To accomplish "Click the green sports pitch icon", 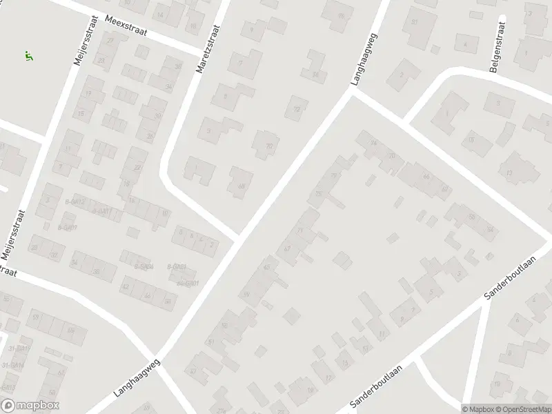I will (x=28, y=56).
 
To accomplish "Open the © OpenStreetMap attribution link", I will (x=522, y=408).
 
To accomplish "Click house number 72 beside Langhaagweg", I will (x=297, y=109).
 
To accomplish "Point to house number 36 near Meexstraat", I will (x=178, y=67).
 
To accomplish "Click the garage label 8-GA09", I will (x=67, y=228).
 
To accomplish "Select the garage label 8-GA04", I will (x=143, y=267).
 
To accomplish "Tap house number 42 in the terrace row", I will (x=125, y=286).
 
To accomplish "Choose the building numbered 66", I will (x=426, y=177).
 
